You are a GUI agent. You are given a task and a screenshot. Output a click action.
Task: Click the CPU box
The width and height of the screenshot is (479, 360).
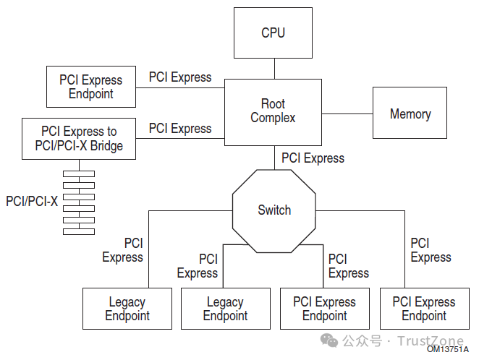point(273,33)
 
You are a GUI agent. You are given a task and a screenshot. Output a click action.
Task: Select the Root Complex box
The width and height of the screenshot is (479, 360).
point(273,111)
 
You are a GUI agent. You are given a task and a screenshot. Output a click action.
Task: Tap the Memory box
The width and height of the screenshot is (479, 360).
point(410,113)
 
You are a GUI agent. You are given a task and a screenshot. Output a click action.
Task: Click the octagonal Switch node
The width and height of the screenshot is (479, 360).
point(274,210)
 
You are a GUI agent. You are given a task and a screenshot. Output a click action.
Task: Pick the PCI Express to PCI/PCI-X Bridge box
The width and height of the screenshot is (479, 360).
point(79,139)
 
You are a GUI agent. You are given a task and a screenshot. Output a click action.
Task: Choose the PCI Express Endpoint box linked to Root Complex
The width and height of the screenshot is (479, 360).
point(90,87)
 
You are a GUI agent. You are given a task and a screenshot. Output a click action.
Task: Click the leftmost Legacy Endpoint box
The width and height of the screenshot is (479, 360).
point(127,309)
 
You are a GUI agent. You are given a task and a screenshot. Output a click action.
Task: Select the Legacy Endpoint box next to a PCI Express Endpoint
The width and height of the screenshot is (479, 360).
point(225,309)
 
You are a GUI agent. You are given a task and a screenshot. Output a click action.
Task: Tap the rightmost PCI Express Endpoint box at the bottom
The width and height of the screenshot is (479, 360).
point(423,309)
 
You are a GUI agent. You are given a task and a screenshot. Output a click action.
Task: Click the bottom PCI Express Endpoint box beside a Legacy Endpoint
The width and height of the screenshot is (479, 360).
point(324,309)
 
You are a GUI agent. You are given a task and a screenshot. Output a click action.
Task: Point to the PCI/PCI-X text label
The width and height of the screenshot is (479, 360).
point(31,201)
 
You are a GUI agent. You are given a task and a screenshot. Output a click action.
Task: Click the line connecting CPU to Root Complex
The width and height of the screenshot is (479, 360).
point(274,69)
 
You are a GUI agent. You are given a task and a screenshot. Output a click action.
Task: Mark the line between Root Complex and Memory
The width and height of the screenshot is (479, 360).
point(347,113)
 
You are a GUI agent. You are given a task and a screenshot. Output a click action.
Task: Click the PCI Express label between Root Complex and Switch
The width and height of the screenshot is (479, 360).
point(313,158)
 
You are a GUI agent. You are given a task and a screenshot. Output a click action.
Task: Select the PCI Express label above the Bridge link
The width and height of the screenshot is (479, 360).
point(180,129)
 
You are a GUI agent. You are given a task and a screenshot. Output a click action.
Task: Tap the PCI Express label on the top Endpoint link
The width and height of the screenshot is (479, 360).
point(180,77)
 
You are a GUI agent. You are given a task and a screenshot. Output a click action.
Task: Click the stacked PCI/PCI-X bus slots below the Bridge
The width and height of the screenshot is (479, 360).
point(79,202)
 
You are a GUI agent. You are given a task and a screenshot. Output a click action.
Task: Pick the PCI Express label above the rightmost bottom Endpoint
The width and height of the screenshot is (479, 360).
point(431,250)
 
